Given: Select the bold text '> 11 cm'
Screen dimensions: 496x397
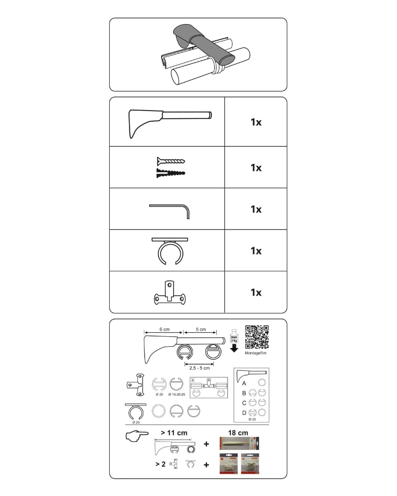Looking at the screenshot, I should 174,433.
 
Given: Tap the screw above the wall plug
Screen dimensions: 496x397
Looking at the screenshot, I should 170,161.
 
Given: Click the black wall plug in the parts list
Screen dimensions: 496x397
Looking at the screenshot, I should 170,174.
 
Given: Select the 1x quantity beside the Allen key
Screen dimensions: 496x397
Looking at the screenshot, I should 256,209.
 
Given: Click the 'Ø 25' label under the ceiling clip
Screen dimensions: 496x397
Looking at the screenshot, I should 135,423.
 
